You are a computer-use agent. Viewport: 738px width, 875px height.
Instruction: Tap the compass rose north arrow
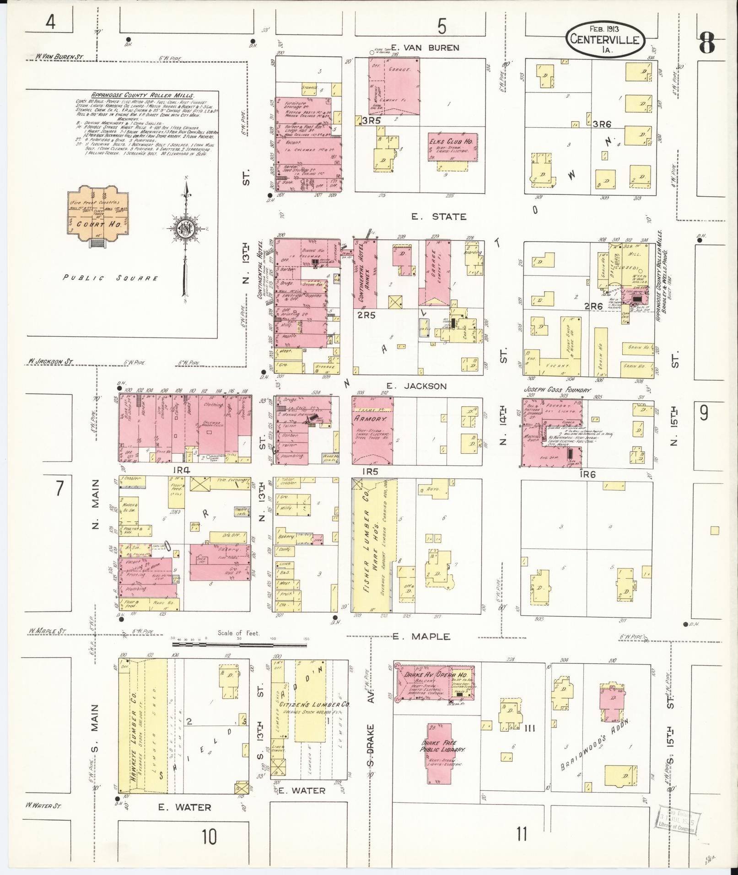click(x=186, y=229)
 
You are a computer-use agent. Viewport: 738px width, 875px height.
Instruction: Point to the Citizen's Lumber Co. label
click(x=314, y=717)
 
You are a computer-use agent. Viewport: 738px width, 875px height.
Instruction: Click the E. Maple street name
click(x=421, y=636)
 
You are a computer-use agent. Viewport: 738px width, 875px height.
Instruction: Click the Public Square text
click(x=110, y=278)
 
